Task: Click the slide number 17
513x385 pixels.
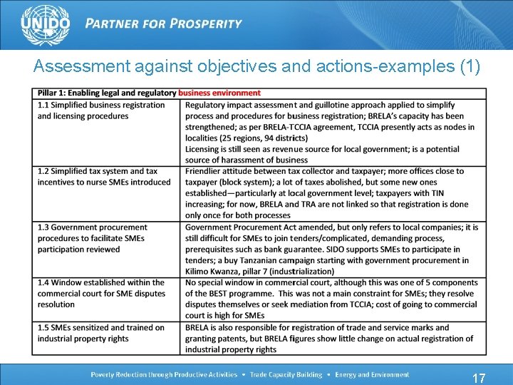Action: coord(479,378)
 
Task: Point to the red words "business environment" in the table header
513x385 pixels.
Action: coord(219,93)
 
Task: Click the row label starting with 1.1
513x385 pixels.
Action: coord(101,111)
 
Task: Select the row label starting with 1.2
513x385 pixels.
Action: coord(104,177)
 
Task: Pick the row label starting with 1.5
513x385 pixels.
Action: coord(101,333)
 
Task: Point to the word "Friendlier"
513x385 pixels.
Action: coord(207,171)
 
